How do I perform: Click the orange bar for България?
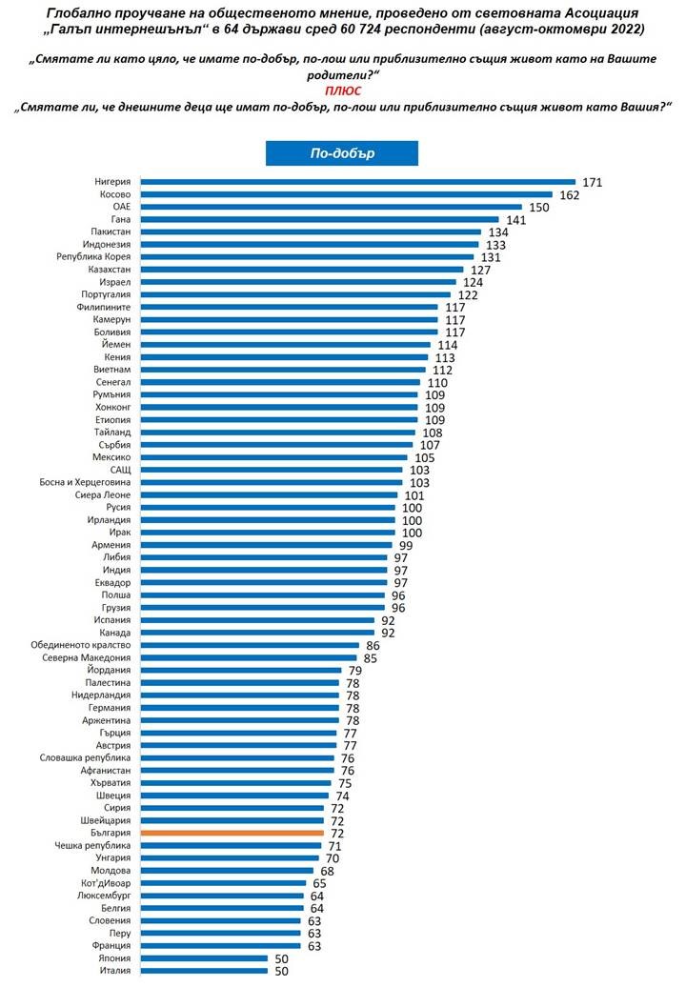pyautogui.click(x=232, y=833)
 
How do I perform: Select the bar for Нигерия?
pyautogui.click(x=358, y=181)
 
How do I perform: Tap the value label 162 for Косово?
pyautogui.click(x=570, y=194)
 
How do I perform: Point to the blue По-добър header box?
pyautogui.click(x=340, y=153)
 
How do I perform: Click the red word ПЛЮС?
pyautogui.click(x=343, y=91)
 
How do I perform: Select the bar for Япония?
pyautogui.click(x=204, y=957)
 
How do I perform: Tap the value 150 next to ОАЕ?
pyautogui.click(x=539, y=207)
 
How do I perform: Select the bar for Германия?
pyautogui.click(x=240, y=708)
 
